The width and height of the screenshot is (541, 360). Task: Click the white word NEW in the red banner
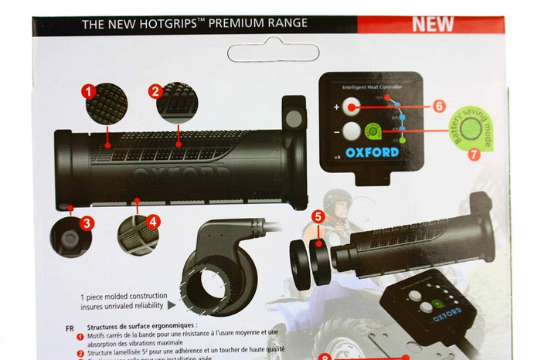[x=432, y=23]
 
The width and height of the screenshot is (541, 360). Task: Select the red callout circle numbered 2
[x=155, y=91]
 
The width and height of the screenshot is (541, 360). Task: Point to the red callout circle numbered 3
[x=87, y=222]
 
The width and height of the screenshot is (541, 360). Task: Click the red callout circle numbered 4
[x=154, y=221]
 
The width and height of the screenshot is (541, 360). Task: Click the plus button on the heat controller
[x=353, y=107]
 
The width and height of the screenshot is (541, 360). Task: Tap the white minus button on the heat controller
[x=353, y=131]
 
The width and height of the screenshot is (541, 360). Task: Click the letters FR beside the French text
[x=71, y=327]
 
